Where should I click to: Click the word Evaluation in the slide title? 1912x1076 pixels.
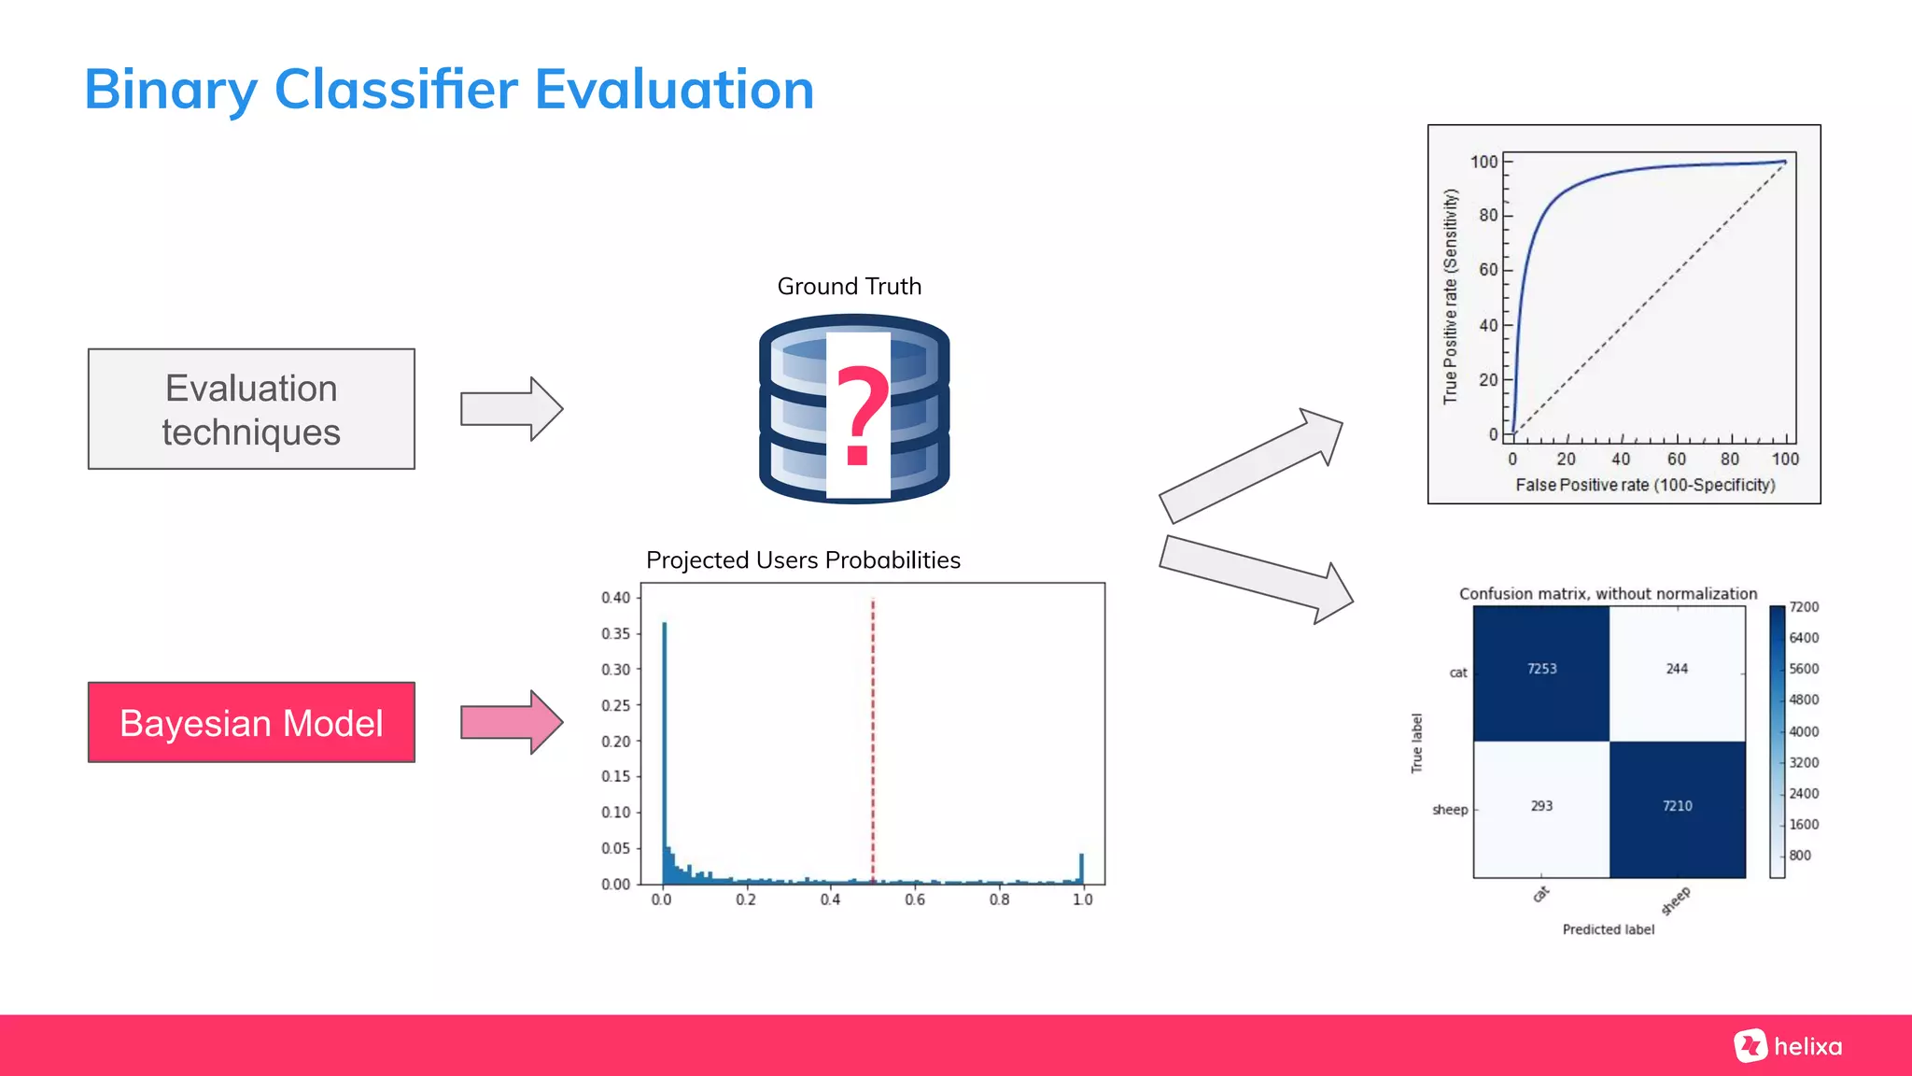(674, 91)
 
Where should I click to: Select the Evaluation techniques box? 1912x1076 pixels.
(251, 409)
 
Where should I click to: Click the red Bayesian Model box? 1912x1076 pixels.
(251, 722)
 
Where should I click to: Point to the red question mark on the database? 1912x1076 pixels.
(860, 416)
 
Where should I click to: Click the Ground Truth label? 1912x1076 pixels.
(849, 286)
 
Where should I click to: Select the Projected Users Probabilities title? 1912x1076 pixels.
(803, 559)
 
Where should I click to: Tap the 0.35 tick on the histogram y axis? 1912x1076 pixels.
(616, 633)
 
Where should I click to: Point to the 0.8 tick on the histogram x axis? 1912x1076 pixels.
(999, 899)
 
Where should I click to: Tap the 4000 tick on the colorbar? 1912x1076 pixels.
(1804, 731)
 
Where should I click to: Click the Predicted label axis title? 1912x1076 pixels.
(1608, 929)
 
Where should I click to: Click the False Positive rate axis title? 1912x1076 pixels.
(1645, 485)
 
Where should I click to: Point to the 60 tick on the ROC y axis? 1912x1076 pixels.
(1488, 270)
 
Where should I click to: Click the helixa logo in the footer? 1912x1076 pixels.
(1789, 1046)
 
